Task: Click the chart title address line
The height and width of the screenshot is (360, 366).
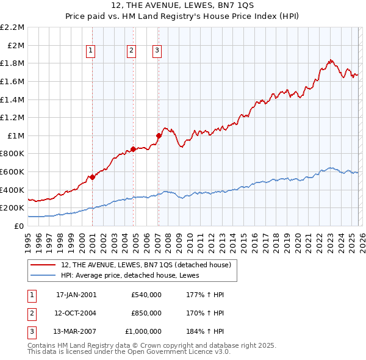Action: [x=183, y=5]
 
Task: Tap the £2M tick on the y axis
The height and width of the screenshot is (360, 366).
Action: [x=15, y=45]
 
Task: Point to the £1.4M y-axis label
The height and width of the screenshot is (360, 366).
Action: [x=12, y=99]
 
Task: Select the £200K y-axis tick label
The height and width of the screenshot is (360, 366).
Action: [x=12, y=208]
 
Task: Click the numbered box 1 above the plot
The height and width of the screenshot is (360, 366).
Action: [x=90, y=51]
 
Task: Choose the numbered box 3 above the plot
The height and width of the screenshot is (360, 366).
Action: [x=157, y=51]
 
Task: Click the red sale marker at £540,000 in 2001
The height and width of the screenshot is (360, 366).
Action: [x=93, y=177]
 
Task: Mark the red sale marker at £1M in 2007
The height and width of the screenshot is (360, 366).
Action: [x=159, y=135]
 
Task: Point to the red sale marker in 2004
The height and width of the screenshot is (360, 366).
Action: [x=133, y=149]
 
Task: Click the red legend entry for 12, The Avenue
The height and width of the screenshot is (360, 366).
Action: [x=145, y=265]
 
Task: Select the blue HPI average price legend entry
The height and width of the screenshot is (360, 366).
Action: [x=134, y=275]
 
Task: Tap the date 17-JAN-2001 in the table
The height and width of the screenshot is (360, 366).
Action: [x=76, y=295]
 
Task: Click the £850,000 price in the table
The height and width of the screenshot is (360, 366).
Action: [x=146, y=313]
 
